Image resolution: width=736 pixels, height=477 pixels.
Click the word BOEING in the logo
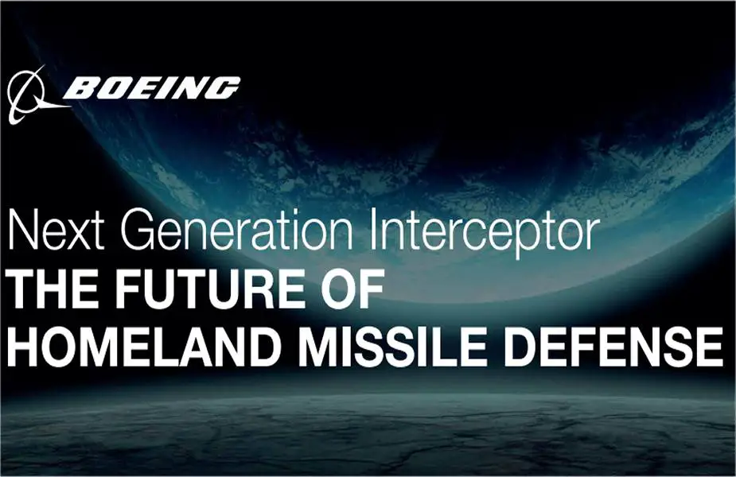(x=152, y=87)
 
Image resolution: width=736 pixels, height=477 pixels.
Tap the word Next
(x=56, y=231)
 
